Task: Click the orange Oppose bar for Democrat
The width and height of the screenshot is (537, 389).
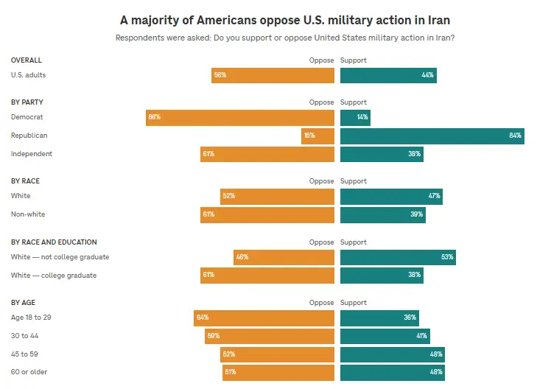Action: click(x=240, y=117)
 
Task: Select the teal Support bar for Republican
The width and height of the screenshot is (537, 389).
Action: click(x=432, y=136)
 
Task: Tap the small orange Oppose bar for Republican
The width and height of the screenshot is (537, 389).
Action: click(x=317, y=136)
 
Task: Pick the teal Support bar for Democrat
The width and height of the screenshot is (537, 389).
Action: click(x=355, y=117)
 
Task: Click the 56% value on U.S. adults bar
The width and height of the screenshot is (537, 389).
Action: click(x=220, y=75)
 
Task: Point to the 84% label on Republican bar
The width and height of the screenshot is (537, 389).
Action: click(x=515, y=136)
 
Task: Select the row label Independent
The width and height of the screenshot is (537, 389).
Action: click(x=32, y=154)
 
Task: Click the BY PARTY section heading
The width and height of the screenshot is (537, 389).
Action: click(x=27, y=102)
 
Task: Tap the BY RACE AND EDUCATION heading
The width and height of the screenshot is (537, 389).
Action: click(x=54, y=242)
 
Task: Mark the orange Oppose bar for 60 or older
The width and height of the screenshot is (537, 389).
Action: click(x=278, y=373)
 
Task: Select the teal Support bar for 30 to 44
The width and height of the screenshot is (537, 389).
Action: click(x=385, y=336)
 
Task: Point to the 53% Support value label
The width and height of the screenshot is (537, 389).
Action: click(x=447, y=257)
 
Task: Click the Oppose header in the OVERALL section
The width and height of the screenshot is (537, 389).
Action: click(x=321, y=60)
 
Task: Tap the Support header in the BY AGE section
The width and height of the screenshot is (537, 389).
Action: click(x=353, y=303)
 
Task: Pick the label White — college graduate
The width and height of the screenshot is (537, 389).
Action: click(x=54, y=276)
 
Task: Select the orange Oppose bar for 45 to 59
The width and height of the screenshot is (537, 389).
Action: click(x=277, y=354)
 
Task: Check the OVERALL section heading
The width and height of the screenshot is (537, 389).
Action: click(x=27, y=60)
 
